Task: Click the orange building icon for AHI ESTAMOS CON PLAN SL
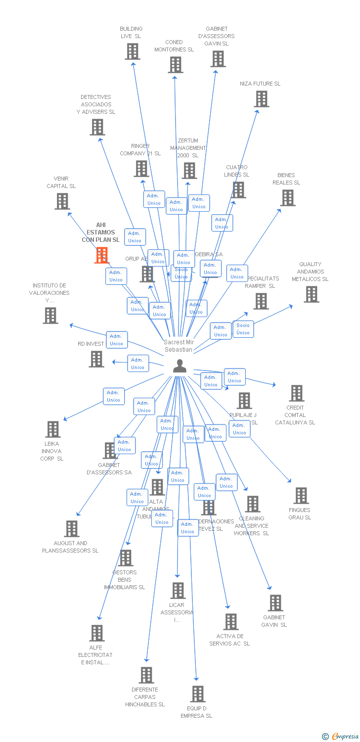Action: pos(102,255)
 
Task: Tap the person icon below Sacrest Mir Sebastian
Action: pos(180,366)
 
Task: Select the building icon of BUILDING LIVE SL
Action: pos(132,51)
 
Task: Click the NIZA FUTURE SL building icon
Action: pos(261,99)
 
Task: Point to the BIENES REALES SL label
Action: pos(286,179)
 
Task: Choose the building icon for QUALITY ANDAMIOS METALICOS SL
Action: pos(311,294)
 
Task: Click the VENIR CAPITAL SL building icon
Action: pos(62,201)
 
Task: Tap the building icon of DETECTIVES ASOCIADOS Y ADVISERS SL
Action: pos(97,127)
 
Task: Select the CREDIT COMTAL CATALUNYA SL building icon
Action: pos(296,393)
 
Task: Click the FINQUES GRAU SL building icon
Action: pos(301,496)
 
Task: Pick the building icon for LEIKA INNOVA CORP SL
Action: pos(53,429)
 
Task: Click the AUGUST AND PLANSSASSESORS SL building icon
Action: pos(72,529)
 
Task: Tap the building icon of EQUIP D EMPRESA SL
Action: pos(198,694)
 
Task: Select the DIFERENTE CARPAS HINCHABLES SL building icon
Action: pos(146,675)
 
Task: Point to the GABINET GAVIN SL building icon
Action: pos(275,603)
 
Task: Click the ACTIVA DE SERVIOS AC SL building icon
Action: pos(230,622)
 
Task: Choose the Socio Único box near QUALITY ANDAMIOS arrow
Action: pos(243,329)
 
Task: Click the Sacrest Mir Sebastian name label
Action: pos(179,346)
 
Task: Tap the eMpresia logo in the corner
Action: pos(340,737)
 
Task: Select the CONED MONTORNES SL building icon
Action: pos(175,65)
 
